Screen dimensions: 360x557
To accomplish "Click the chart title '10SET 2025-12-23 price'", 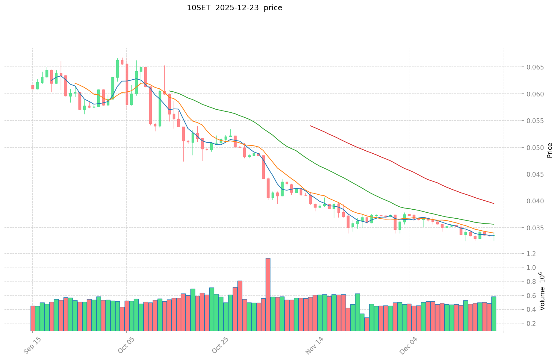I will (x=234, y=8).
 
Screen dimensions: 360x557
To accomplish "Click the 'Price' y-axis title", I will (x=549, y=150).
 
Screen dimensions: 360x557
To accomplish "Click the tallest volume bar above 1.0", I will (x=268, y=294).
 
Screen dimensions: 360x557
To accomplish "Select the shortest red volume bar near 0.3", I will (x=367, y=324).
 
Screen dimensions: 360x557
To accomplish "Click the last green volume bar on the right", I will (x=494, y=314).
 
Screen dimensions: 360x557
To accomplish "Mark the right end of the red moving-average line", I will (x=494, y=204).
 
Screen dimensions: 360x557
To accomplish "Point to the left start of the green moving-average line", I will (x=169, y=91).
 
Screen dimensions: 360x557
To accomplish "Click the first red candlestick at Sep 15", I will (x=33, y=87).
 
